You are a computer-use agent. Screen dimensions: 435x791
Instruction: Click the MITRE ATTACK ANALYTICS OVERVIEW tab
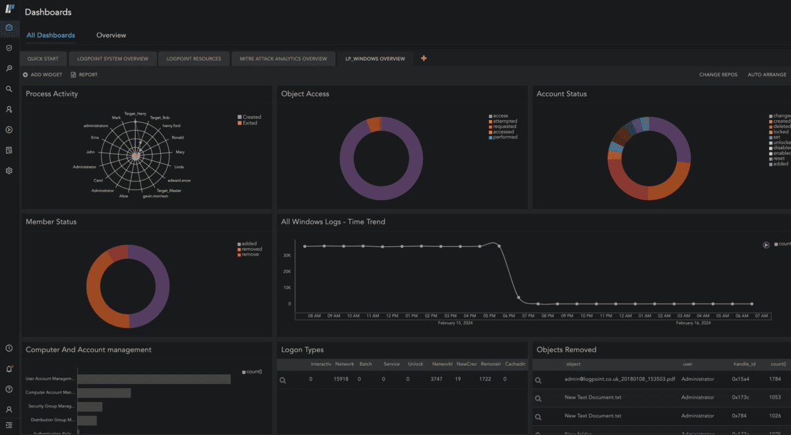(283, 59)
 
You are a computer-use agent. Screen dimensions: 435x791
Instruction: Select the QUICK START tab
(42, 59)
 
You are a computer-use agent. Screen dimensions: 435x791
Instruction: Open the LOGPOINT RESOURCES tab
(193, 59)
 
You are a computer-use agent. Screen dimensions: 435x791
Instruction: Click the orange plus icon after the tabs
(423, 59)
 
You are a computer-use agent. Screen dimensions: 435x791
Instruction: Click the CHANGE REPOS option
(718, 75)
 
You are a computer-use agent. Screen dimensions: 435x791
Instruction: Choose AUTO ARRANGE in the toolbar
(767, 75)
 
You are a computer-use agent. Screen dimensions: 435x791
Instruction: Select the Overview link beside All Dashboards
(111, 35)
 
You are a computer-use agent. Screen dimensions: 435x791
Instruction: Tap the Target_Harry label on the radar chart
(135, 114)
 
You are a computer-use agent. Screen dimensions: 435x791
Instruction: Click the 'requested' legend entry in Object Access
(505, 127)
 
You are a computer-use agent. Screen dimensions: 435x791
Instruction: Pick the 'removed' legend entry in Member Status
(251, 249)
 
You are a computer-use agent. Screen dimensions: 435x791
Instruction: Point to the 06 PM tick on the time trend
(508, 316)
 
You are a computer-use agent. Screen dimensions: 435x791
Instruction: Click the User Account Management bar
(154, 379)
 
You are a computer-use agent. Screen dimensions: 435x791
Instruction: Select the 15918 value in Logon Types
(341, 380)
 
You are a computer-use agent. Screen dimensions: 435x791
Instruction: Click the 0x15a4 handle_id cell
(742, 380)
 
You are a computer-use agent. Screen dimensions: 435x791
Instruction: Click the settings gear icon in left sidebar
(9, 171)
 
